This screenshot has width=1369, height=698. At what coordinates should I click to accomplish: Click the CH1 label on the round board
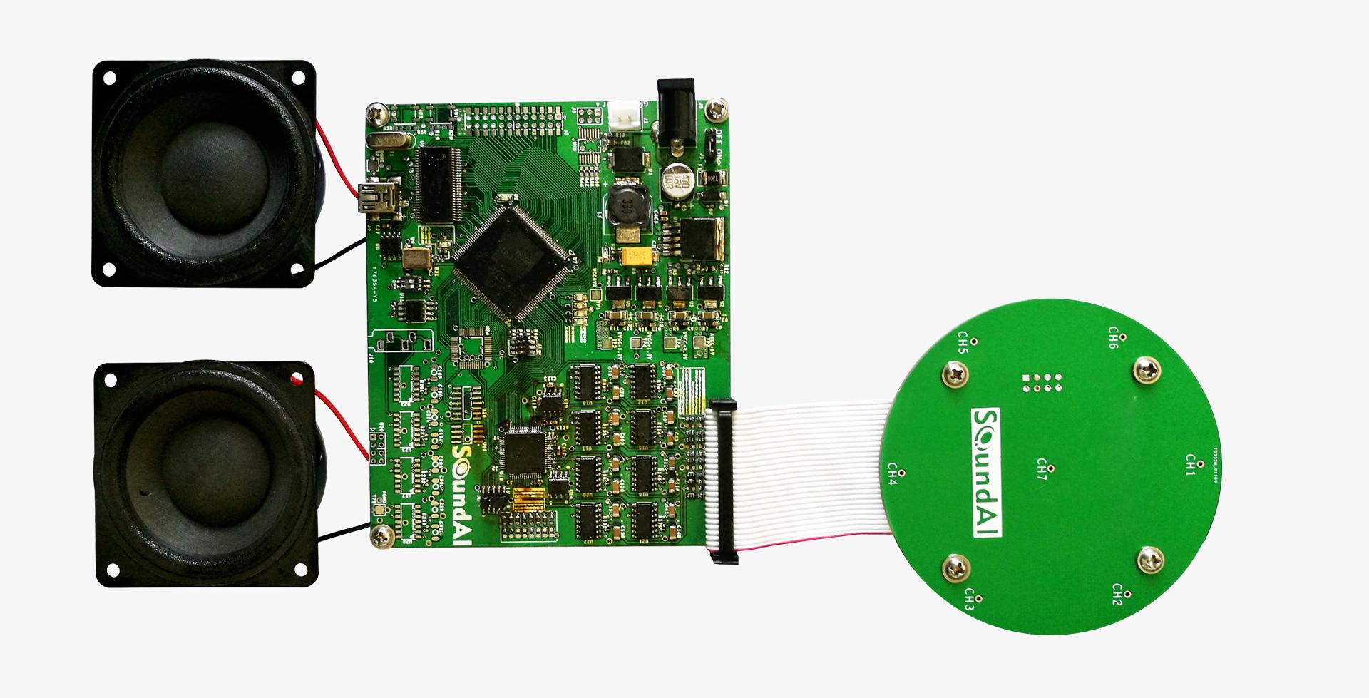tap(1189, 464)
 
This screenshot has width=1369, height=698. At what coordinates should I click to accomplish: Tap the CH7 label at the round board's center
tap(1042, 467)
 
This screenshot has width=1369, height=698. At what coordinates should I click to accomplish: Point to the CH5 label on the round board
tap(962, 343)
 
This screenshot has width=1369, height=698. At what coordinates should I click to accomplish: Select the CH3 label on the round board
tap(969, 599)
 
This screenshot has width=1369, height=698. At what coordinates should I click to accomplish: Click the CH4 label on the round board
tap(891, 473)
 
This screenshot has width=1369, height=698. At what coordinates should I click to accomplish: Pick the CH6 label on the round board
tap(1113, 338)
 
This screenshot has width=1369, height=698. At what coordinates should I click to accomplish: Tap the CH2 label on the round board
tap(1117, 594)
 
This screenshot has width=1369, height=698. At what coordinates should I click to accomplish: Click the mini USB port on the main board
tap(372, 198)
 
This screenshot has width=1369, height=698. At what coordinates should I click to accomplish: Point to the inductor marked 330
tap(626, 207)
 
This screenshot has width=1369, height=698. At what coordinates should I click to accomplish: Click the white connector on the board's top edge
tap(624, 118)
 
